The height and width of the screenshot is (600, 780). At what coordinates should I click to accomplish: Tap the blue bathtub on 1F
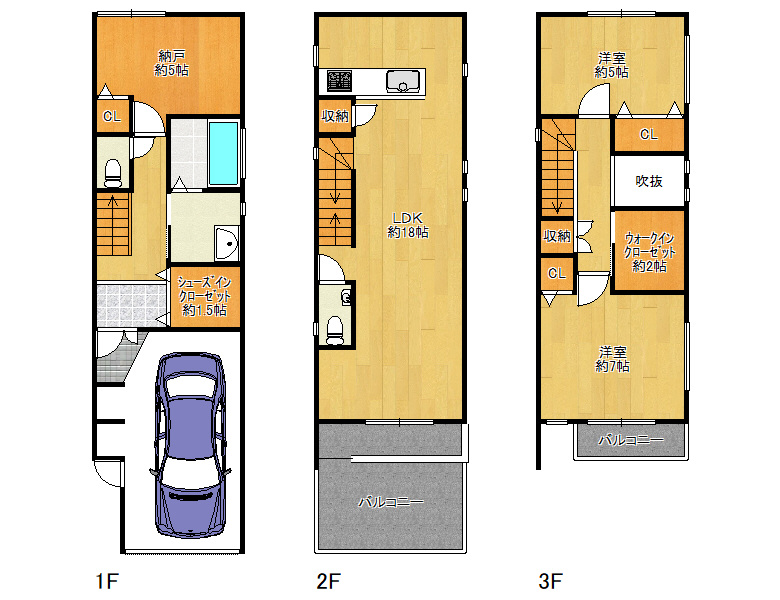[x=223, y=153]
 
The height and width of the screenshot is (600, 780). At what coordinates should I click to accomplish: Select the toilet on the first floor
[x=113, y=173]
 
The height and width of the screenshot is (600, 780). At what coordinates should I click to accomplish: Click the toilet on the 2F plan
[x=335, y=330]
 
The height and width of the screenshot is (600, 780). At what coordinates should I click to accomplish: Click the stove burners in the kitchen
[x=339, y=81]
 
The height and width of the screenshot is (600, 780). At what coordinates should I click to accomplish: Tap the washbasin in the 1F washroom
[x=227, y=243]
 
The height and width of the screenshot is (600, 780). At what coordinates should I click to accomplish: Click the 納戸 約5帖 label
[x=171, y=63]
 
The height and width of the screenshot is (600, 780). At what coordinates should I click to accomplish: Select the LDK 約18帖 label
[x=407, y=225]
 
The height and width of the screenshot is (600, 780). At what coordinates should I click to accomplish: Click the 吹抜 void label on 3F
[x=649, y=181]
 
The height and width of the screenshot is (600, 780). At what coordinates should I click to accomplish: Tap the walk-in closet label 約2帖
[x=650, y=252]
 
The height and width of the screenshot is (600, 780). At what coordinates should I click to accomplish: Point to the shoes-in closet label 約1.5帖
[x=204, y=297]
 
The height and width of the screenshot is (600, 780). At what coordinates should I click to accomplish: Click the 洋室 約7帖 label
[x=612, y=359]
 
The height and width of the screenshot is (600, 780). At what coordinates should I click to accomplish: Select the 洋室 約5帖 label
[x=611, y=65]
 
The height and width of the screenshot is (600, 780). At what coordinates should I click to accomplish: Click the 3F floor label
[x=550, y=581]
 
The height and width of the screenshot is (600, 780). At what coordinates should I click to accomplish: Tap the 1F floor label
[x=107, y=581]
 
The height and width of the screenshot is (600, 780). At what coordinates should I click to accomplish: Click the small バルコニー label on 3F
[x=631, y=440]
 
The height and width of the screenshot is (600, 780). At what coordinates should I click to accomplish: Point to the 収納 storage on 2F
[x=335, y=116]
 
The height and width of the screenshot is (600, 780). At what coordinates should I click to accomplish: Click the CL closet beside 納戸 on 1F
[x=112, y=116]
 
